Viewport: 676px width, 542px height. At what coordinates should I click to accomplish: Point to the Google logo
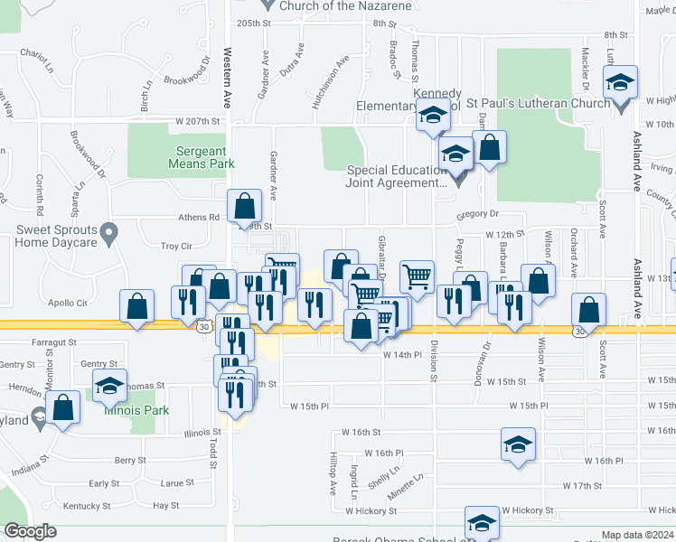click(x=31, y=531)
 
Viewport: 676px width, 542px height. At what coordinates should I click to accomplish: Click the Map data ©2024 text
click(x=638, y=535)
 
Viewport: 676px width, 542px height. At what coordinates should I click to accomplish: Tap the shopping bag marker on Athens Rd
click(x=245, y=206)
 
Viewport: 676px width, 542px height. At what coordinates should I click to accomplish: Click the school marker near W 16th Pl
click(x=518, y=444)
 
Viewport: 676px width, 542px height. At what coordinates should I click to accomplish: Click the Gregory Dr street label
click(x=477, y=214)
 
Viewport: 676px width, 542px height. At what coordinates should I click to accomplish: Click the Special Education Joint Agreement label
click(x=398, y=176)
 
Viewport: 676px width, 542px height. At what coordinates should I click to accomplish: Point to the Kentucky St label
click(x=88, y=506)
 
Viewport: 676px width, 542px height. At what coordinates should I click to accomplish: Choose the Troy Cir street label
click(x=176, y=246)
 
